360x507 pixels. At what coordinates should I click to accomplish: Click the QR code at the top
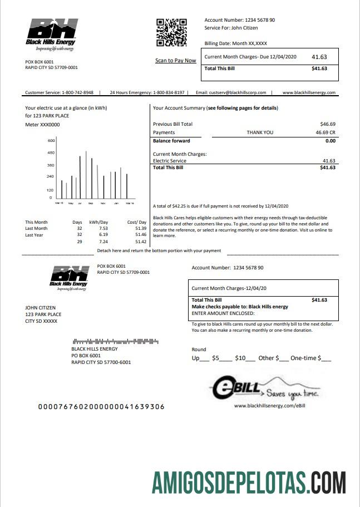tap(171, 32)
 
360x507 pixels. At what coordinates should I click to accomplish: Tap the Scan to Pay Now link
tap(175, 61)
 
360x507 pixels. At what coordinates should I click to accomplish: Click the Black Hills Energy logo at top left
tap(51, 35)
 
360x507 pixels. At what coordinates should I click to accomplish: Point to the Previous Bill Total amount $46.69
tap(328, 124)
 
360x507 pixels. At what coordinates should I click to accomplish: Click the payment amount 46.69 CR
tap(326, 132)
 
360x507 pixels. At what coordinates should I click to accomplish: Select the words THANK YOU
tap(260, 132)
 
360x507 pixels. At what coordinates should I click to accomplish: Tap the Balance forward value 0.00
tap(330, 141)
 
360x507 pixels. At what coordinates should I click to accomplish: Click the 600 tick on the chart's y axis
tap(51, 140)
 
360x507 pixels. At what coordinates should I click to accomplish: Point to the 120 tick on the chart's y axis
tap(50, 190)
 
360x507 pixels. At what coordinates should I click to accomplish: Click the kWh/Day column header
tap(98, 222)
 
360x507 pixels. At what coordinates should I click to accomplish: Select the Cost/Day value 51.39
tap(140, 228)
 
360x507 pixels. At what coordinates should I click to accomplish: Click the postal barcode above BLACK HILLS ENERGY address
tap(115, 341)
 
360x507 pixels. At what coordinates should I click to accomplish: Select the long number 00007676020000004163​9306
tap(101, 407)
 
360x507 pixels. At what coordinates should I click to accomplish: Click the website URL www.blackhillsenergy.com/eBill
tap(270, 406)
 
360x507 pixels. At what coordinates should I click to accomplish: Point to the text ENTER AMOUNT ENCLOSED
tap(223, 313)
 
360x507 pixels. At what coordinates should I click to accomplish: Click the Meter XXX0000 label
tap(42, 125)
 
